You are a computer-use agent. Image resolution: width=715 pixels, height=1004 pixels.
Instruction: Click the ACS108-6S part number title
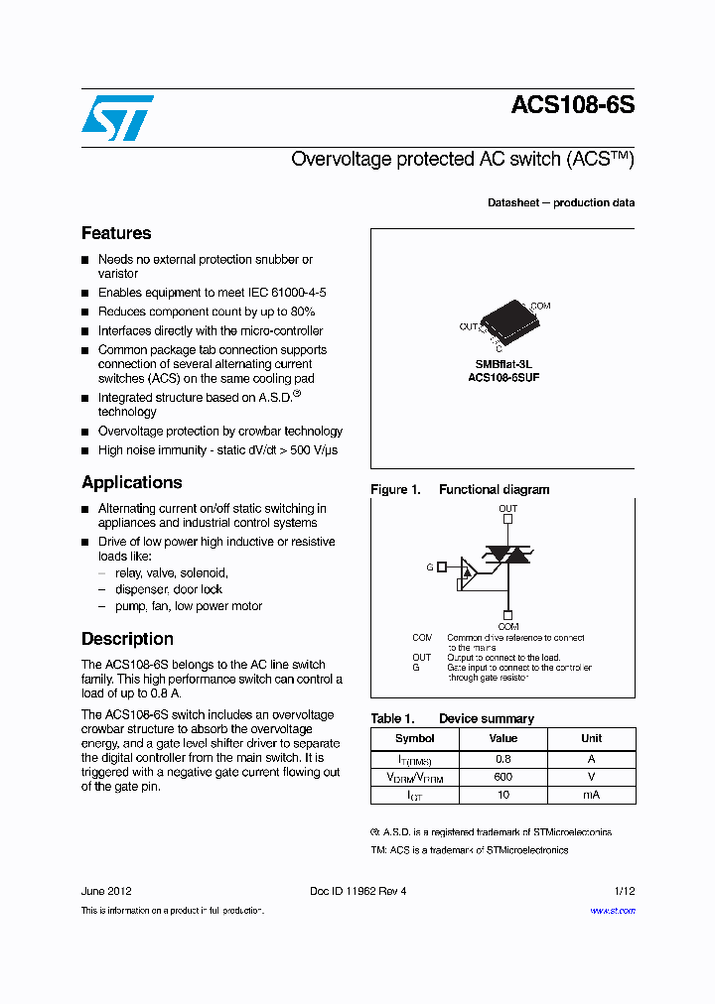[x=572, y=106]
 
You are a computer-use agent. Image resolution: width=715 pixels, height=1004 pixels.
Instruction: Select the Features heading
[x=116, y=233]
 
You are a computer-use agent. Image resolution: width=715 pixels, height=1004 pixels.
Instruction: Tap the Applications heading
[x=131, y=482]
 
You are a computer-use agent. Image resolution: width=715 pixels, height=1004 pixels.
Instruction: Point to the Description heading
[x=127, y=639]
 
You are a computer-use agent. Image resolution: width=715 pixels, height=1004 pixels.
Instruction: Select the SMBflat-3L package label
[x=503, y=364]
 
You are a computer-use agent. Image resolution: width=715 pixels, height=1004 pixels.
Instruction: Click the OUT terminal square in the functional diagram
[x=507, y=518]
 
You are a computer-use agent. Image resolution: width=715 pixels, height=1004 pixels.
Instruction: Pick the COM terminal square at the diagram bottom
[x=507, y=615]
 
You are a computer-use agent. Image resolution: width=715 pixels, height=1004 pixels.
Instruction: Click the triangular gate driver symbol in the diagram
[x=468, y=569]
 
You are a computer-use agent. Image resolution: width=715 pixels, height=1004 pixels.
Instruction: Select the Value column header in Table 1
[x=503, y=738]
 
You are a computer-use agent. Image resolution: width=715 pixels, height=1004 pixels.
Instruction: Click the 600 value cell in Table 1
[x=503, y=777]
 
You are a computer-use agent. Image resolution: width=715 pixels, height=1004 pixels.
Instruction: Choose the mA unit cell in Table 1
[x=592, y=795]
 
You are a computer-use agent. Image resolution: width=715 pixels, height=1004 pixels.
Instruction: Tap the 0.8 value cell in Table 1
[x=503, y=759]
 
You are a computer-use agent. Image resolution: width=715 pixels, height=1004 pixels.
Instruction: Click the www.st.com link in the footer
[x=612, y=911]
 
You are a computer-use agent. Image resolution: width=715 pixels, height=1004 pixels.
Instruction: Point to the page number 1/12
[x=624, y=891]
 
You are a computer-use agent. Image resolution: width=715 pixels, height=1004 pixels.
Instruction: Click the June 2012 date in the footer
[x=106, y=891]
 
